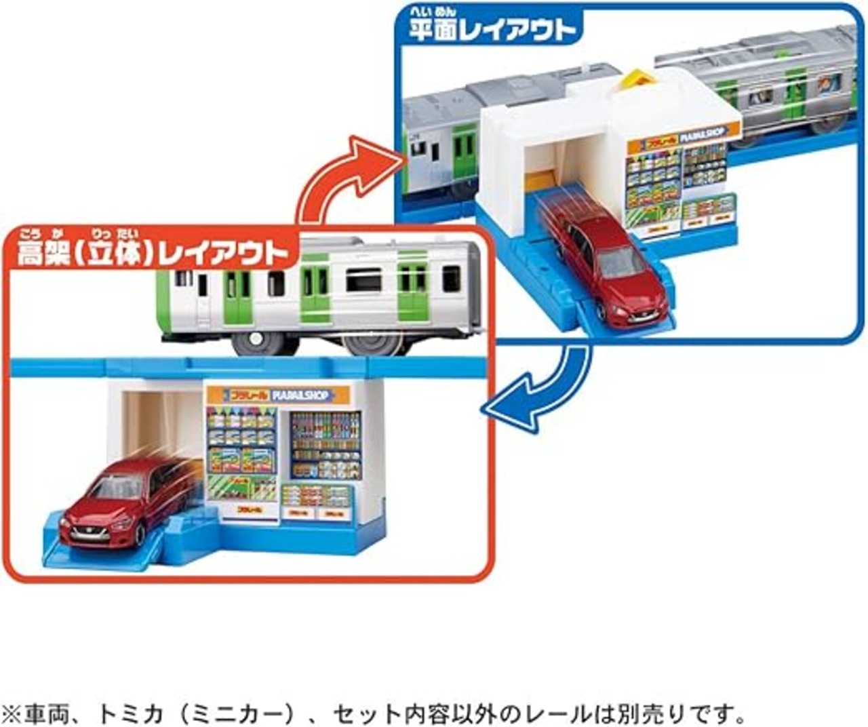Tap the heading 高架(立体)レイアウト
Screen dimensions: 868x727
[153, 252]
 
